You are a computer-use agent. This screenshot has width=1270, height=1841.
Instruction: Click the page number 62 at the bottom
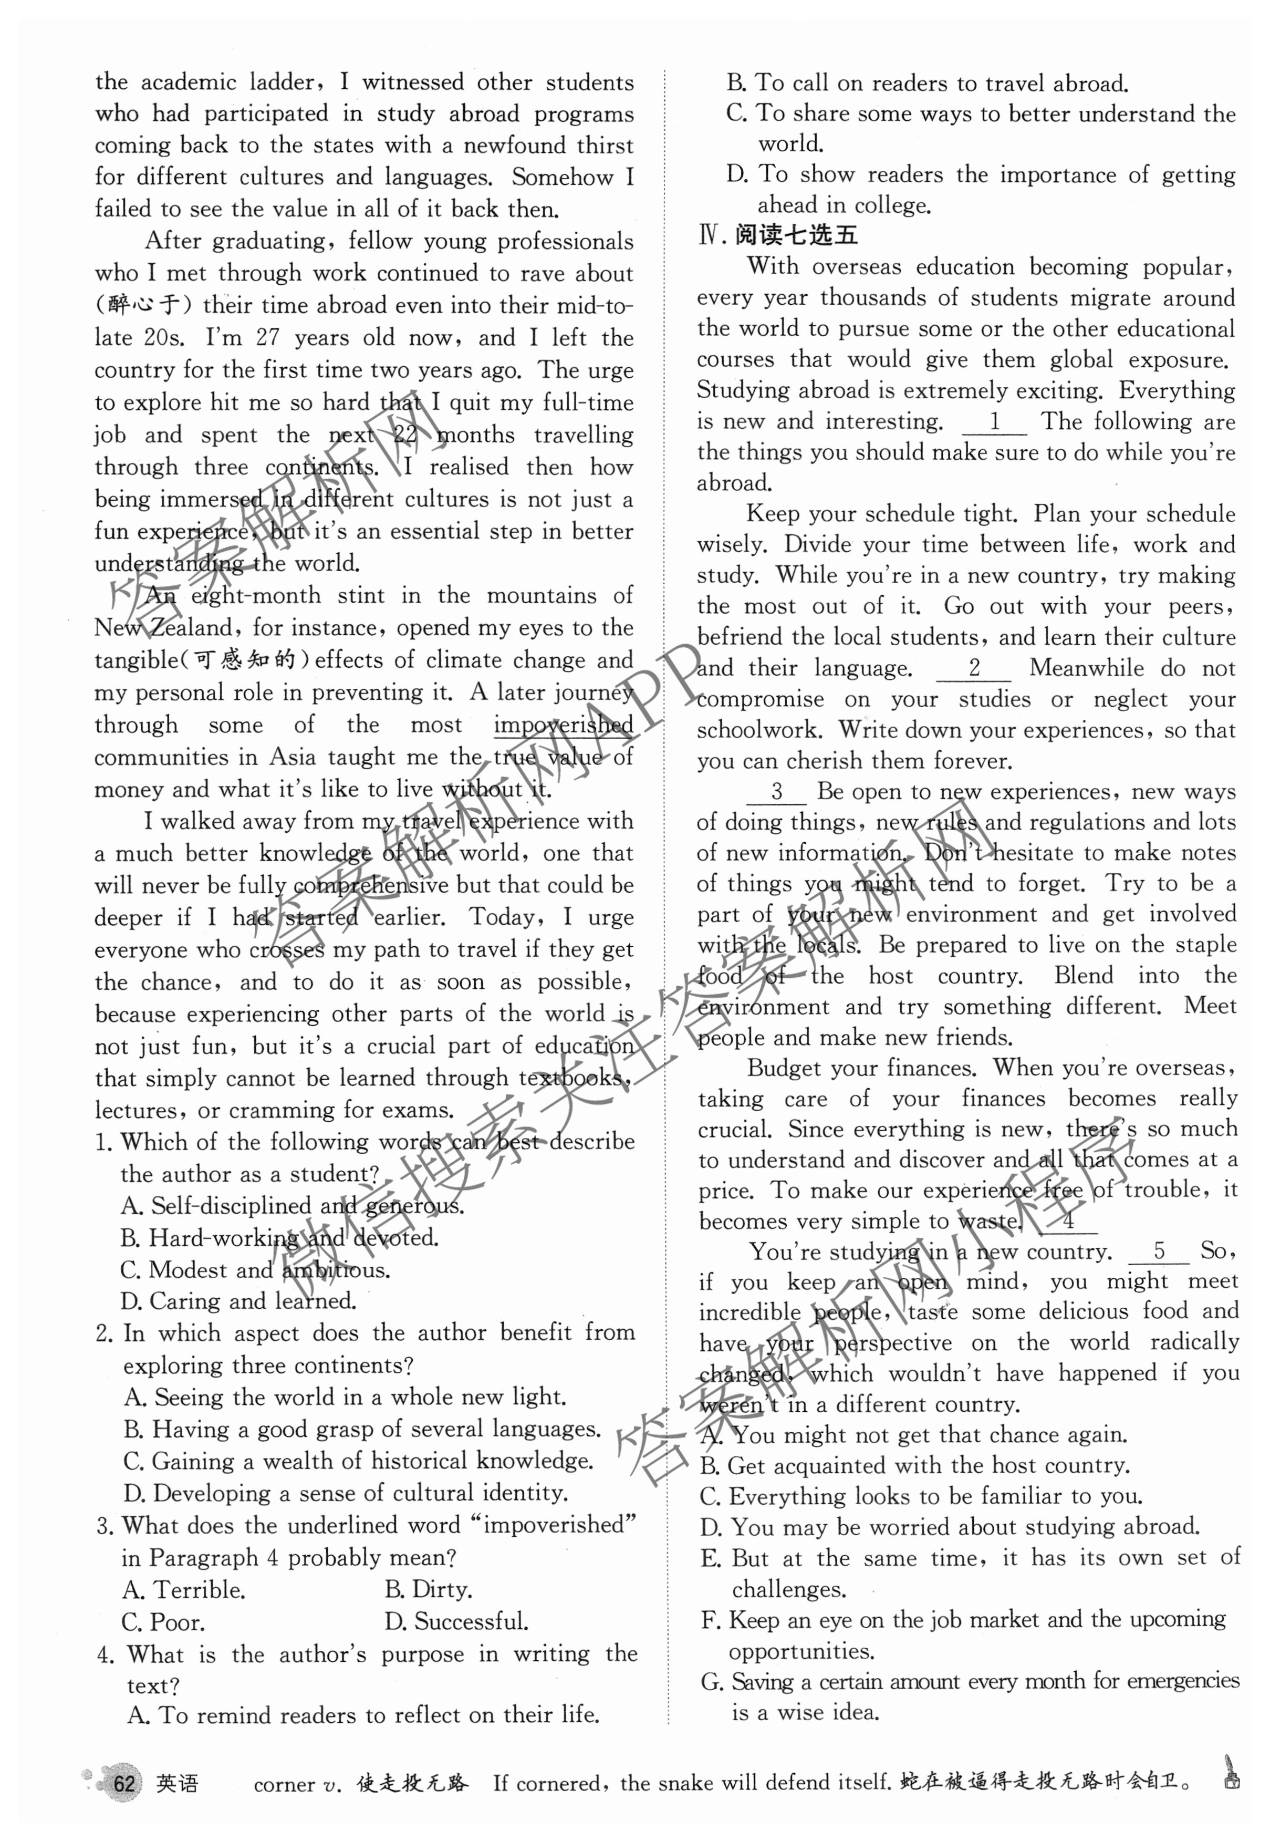(x=123, y=1783)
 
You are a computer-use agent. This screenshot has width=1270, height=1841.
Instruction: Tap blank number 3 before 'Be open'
(x=777, y=792)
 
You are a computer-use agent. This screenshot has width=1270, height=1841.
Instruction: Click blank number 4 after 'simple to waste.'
(x=1068, y=1221)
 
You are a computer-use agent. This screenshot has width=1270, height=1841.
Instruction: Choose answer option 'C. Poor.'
(x=163, y=1622)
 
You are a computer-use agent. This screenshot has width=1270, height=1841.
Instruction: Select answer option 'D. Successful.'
(x=456, y=1622)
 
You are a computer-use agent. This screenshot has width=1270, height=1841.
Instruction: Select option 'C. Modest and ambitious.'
(x=255, y=1269)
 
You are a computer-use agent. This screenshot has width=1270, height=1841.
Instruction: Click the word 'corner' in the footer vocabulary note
(x=283, y=1784)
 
